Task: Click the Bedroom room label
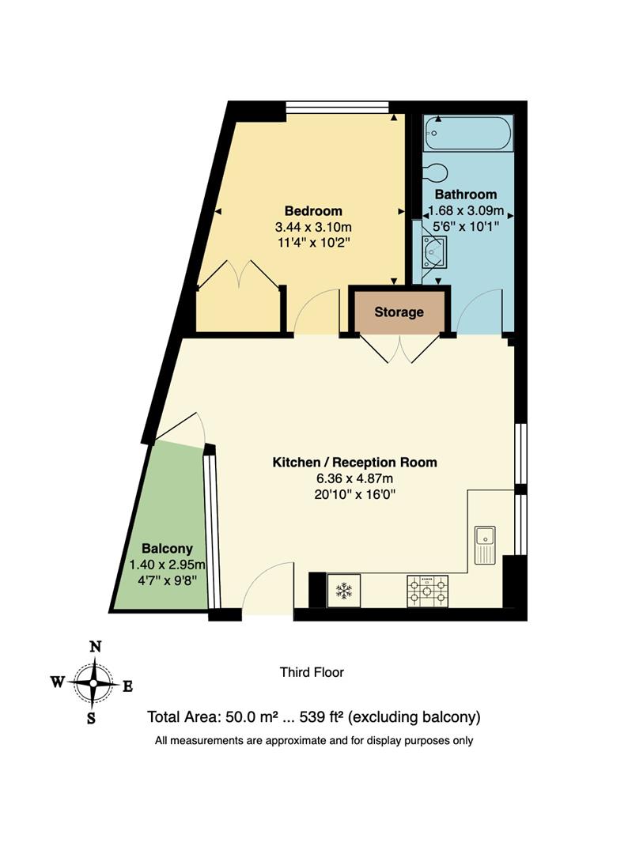click(313, 211)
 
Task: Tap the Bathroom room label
click(466, 195)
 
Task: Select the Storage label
click(399, 312)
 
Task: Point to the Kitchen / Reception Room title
click(354, 463)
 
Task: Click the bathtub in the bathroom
click(467, 133)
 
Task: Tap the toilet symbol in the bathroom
click(435, 172)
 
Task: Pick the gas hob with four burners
click(427, 590)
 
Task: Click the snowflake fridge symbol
click(343, 590)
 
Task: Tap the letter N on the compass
click(95, 647)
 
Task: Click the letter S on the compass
click(92, 718)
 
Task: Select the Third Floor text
click(312, 673)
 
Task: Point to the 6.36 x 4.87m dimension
click(354, 479)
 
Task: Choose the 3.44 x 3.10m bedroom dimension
click(313, 227)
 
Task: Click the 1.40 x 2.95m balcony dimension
click(167, 565)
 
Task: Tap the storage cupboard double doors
click(400, 349)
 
